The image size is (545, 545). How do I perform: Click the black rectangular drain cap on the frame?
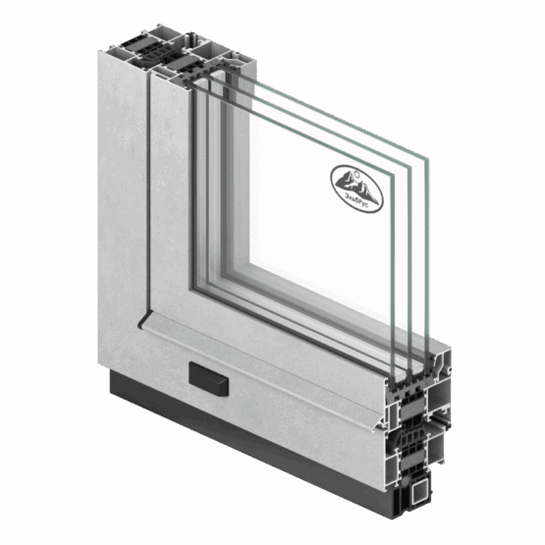point(208,379)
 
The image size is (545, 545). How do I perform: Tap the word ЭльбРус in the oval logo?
point(357,202)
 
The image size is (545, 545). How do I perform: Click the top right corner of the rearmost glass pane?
point(428,159)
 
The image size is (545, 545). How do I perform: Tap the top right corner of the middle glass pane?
point(411,167)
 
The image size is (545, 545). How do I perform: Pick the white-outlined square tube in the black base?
point(420,491)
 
